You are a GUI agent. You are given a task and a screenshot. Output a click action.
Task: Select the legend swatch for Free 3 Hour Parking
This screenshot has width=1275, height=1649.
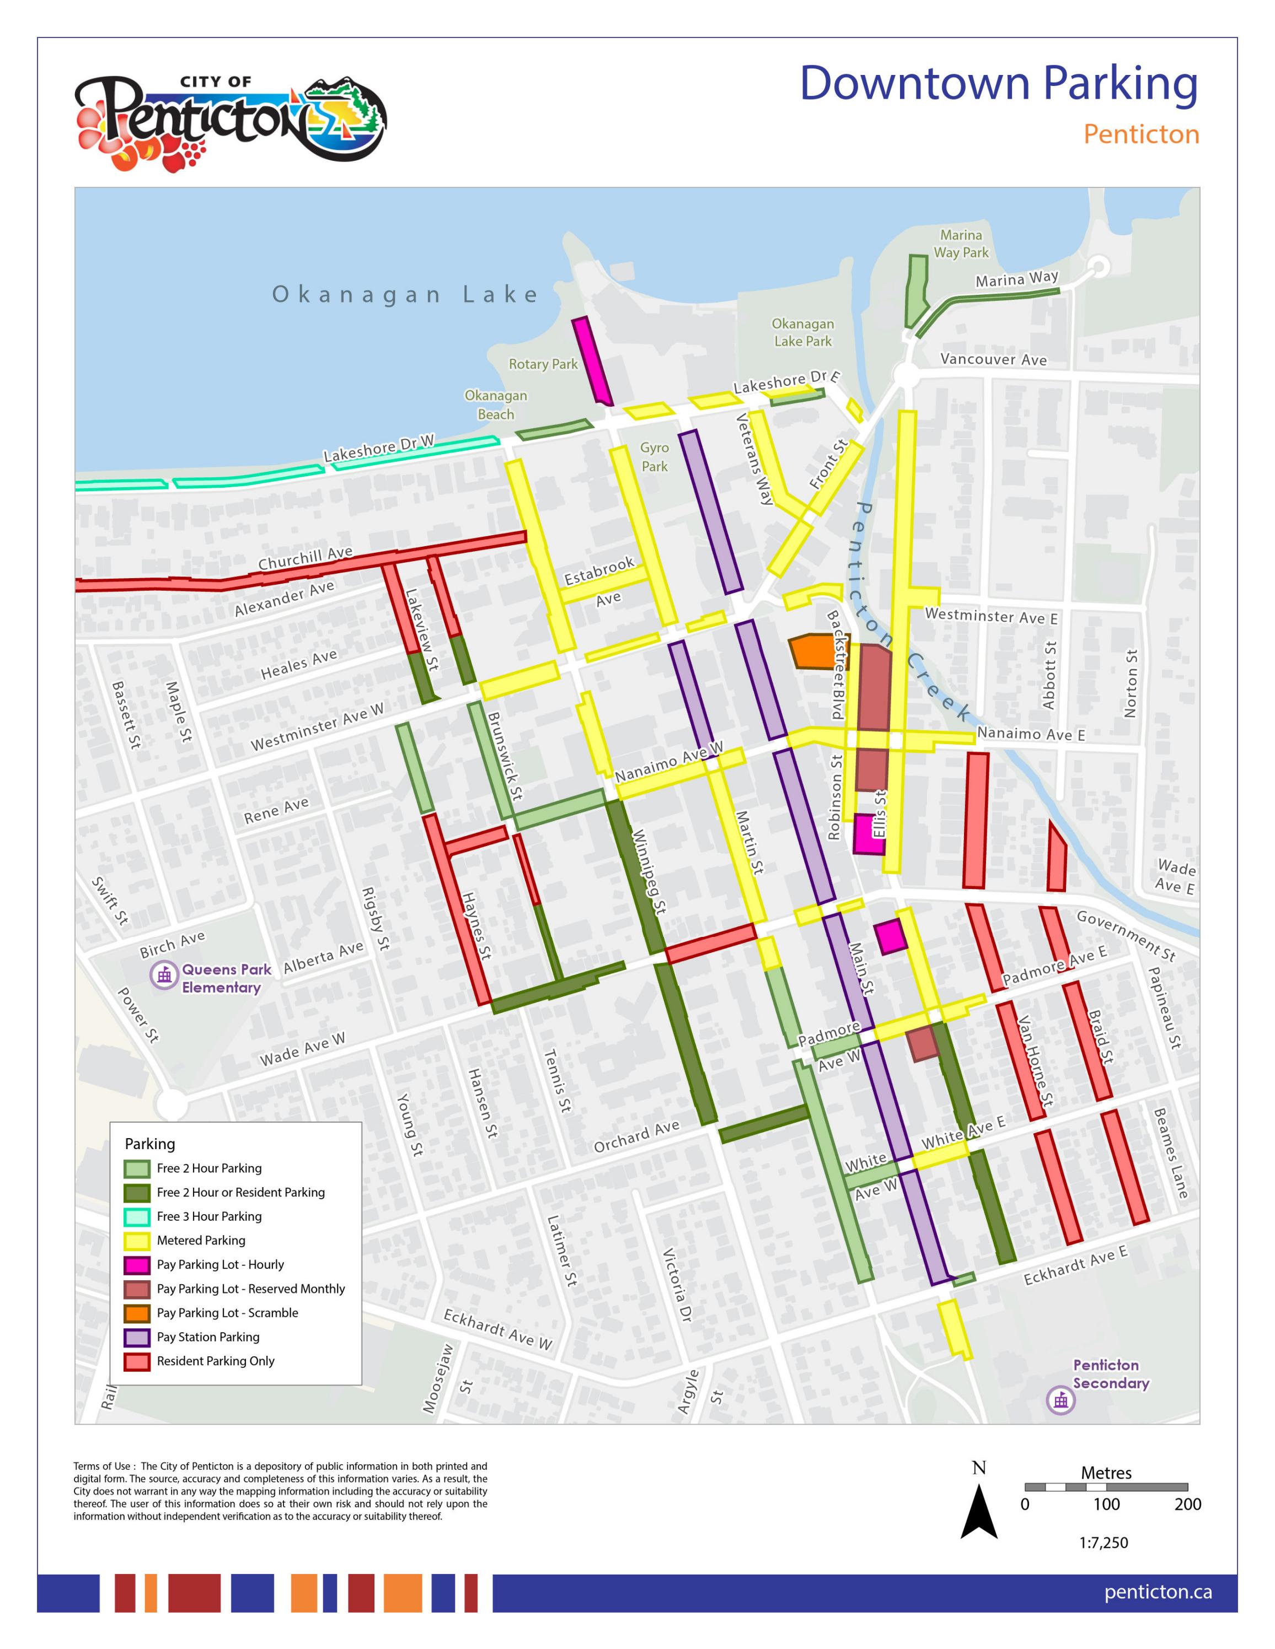(137, 1216)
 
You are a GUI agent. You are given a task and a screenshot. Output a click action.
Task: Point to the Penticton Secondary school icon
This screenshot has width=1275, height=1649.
(1060, 1400)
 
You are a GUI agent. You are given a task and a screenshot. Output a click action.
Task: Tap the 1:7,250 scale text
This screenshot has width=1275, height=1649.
(1103, 1543)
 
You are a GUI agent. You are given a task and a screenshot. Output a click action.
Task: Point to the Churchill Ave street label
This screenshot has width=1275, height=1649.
(305, 558)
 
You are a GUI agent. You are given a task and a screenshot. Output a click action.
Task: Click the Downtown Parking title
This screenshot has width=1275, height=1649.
(999, 84)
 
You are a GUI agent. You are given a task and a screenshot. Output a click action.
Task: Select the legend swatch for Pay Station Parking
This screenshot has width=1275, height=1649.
(137, 1337)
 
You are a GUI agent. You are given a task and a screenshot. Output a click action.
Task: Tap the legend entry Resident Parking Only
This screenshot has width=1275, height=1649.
(215, 1361)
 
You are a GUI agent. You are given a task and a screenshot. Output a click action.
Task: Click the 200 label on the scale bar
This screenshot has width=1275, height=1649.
(1187, 1504)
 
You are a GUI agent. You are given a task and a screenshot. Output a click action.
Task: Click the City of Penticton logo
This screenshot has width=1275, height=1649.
(231, 122)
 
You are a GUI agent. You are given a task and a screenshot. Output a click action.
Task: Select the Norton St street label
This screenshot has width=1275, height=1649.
(1130, 683)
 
